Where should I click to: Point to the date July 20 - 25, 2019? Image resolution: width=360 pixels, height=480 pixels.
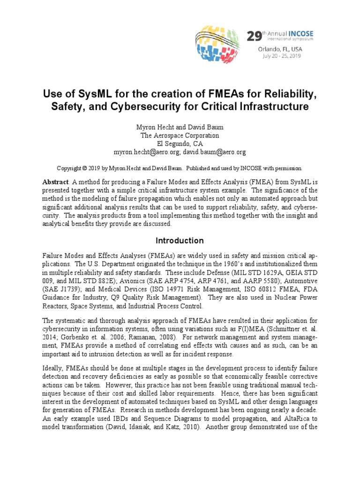(x=274, y=55)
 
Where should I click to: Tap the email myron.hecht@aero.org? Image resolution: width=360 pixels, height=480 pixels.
(x=142, y=152)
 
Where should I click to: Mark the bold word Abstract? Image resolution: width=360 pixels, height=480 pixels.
(x=55, y=182)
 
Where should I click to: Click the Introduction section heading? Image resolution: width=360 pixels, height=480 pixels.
(x=180, y=241)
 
